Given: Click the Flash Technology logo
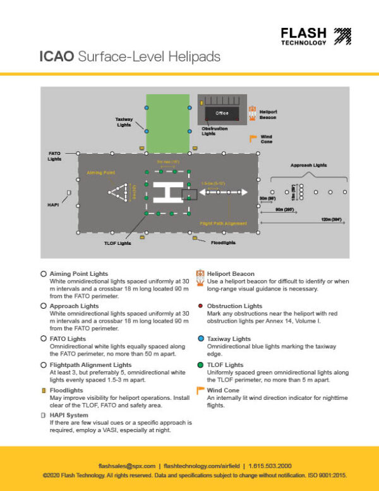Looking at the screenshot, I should [x=315, y=37].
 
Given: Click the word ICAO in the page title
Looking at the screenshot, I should [x=56, y=58].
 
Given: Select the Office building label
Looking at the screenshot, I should [x=221, y=113].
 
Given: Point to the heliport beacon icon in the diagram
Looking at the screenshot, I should [x=253, y=114].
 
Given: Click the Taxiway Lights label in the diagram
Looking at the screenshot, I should [x=123, y=122].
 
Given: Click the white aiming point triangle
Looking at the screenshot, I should [x=118, y=192].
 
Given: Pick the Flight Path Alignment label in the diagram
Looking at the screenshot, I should [x=224, y=223].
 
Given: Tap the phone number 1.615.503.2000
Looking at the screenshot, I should [x=270, y=465].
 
